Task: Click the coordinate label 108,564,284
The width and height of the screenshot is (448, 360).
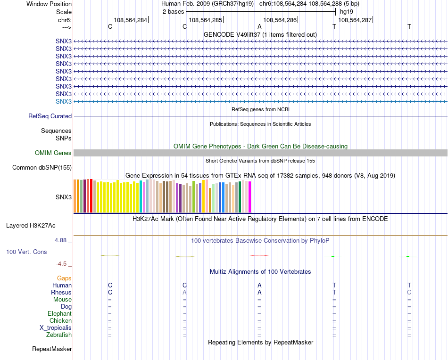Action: click(x=130, y=20)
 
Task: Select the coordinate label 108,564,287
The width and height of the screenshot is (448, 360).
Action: click(x=355, y=20)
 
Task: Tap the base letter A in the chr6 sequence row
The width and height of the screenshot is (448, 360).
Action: click(x=259, y=27)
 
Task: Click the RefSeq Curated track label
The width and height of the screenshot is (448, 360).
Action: click(x=50, y=116)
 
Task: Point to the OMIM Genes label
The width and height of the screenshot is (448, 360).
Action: click(x=53, y=153)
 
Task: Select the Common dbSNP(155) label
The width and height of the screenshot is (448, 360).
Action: click(x=42, y=167)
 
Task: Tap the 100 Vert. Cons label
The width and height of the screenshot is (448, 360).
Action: click(x=26, y=252)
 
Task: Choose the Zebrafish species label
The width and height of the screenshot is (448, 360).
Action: click(x=59, y=335)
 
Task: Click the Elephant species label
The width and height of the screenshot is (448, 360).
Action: click(x=59, y=314)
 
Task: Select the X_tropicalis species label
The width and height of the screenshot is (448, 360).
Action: click(x=56, y=328)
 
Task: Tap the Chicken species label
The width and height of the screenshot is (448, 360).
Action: click(x=60, y=321)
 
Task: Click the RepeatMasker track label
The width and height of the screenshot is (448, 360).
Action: click(x=52, y=349)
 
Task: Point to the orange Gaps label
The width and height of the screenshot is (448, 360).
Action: click(x=64, y=278)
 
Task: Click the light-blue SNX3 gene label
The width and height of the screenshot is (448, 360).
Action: click(x=64, y=101)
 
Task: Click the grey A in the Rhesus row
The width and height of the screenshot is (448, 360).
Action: click(x=185, y=292)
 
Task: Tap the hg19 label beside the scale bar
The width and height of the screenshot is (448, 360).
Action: click(x=346, y=11)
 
